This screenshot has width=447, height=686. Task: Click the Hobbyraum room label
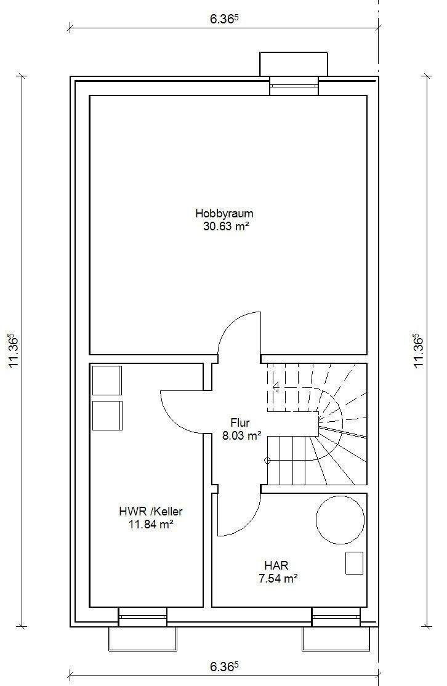click(224, 214)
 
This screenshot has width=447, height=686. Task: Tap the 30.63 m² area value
click(226, 226)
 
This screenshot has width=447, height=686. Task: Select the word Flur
click(240, 423)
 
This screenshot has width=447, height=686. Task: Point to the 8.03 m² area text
click(242, 436)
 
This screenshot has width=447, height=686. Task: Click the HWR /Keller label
click(151, 511)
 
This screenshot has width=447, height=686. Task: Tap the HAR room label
click(276, 566)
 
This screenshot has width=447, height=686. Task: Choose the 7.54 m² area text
click(278, 578)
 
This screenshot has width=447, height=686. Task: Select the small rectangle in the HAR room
click(354, 563)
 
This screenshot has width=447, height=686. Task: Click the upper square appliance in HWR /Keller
click(107, 381)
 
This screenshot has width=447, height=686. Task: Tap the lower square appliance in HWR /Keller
click(107, 416)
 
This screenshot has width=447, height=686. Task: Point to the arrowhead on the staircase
click(276, 387)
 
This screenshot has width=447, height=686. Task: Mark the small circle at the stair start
click(268, 460)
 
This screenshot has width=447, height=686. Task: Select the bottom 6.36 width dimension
click(224, 667)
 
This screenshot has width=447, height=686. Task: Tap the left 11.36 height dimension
click(14, 351)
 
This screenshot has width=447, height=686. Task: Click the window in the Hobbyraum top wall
click(294, 86)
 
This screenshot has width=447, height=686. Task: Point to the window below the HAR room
click(336, 617)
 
